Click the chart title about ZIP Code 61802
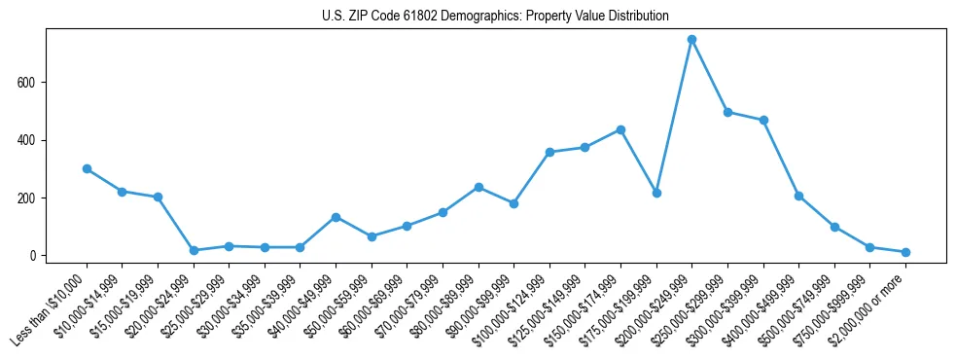[x=495, y=17]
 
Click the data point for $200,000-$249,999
[x=691, y=40]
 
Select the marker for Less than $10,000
[x=87, y=168]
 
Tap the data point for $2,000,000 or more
[x=905, y=252]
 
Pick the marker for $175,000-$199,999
[x=656, y=193]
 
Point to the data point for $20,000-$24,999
[x=194, y=250]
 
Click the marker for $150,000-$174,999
[x=620, y=129]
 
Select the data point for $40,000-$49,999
[x=336, y=217]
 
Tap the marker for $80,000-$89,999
[x=478, y=187]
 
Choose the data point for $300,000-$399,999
[x=763, y=121]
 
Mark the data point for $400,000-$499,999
[x=798, y=196]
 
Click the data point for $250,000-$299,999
[x=727, y=112]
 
